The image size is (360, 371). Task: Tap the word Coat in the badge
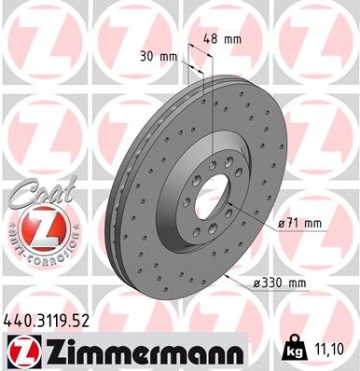pyautogui.click(x=37, y=191)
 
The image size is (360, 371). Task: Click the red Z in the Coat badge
pyautogui.click(x=37, y=227)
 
